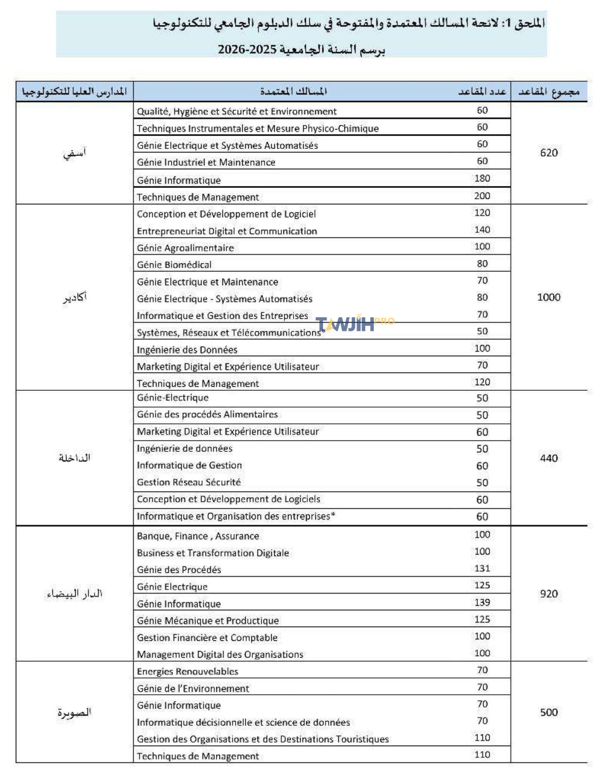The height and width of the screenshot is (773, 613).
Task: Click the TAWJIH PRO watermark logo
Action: pyautogui.click(x=354, y=323)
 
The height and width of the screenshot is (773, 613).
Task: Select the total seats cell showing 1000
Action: pyautogui.click(x=549, y=297)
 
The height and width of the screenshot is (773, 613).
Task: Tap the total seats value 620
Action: pyautogui.click(x=549, y=152)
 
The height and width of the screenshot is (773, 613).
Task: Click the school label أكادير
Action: pyautogui.click(x=75, y=297)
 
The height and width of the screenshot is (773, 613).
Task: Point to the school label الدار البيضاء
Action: pyautogui.click(x=75, y=594)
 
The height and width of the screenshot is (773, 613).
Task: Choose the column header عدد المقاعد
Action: pyautogui.click(x=482, y=91)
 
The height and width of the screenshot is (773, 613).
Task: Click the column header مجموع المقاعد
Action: pyautogui.click(x=549, y=91)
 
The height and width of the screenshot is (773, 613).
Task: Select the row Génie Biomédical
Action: pyautogui.click(x=174, y=265)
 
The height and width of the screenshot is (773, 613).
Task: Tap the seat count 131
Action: pyautogui.click(x=482, y=569)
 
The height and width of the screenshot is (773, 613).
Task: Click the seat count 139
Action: pyautogui.click(x=482, y=603)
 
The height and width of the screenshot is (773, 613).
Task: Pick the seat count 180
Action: pyautogui.click(x=482, y=178)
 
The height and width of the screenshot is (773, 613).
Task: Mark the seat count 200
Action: pyautogui.click(x=482, y=196)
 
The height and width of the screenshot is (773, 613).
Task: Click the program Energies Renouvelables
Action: pyautogui.click(x=187, y=671)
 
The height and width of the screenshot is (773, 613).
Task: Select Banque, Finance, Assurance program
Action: pyautogui.click(x=198, y=536)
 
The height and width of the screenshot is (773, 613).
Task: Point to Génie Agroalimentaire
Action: pyautogui.click(x=185, y=248)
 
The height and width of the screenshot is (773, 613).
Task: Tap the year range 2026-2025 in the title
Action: pyautogui.click(x=247, y=50)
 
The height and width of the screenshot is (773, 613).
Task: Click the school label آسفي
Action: pyautogui.click(x=75, y=152)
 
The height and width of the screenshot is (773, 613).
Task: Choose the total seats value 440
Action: pyautogui.click(x=549, y=458)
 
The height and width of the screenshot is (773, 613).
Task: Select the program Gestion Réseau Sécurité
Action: pyautogui.click(x=188, y=482)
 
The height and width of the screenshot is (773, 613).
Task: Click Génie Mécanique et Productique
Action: pyautogui.click(x=208, y=621)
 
